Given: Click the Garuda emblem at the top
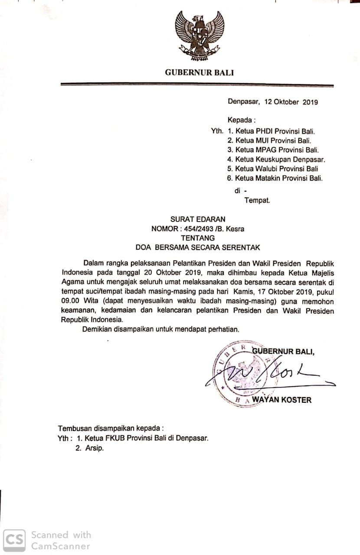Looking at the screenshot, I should (x=199, y=36).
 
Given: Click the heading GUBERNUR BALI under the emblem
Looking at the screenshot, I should (x=199, y=72).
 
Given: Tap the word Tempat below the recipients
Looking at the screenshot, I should (x=257, y=200).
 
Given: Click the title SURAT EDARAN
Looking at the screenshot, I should (x=198, y=219).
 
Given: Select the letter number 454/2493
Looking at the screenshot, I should (x=203, y=229).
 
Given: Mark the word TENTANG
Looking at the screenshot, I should (x=198, y=238).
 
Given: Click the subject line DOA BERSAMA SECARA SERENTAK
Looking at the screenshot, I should (x=198, y=248).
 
